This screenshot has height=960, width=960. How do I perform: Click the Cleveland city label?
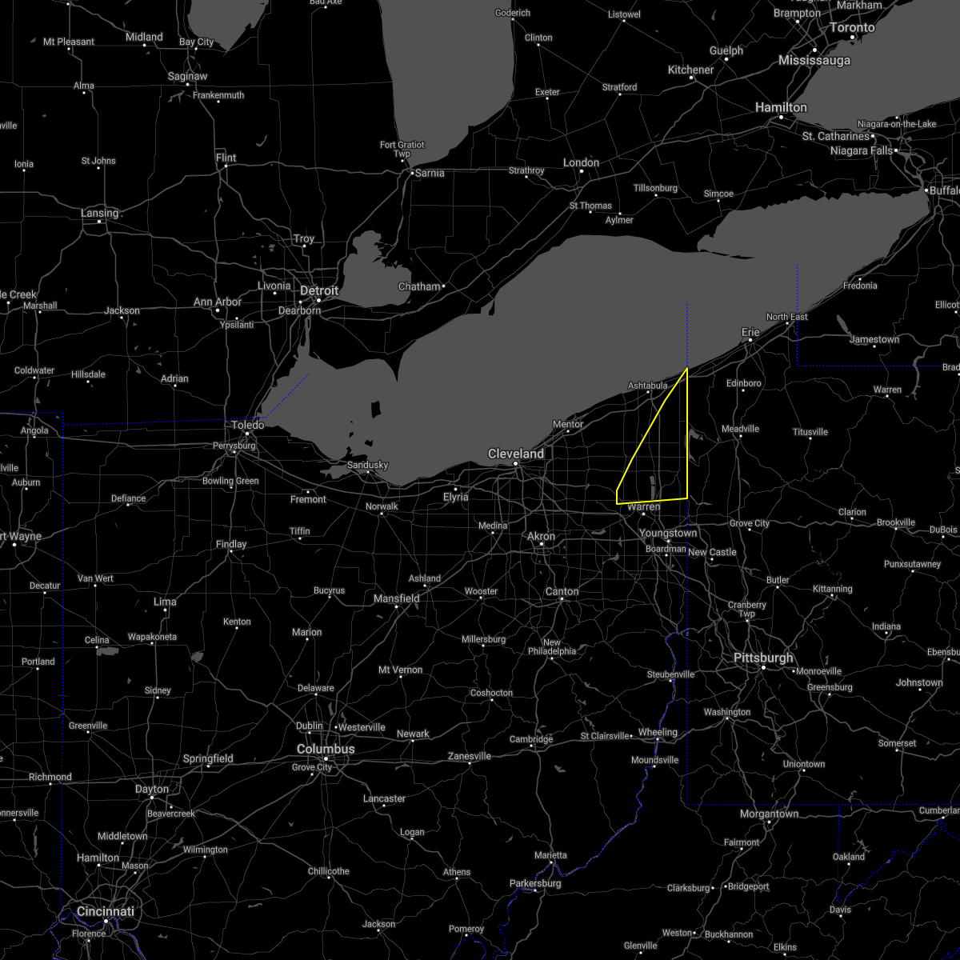(x=516, y=454)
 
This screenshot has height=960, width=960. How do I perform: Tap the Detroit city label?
(x=319, y=290)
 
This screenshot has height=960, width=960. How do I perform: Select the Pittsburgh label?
(x=763, y=658)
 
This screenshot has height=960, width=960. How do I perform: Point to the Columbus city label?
(x=326, y=749)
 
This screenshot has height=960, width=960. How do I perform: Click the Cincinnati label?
(x=105, y=911)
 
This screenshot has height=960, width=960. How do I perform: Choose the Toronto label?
(x=852, y=27)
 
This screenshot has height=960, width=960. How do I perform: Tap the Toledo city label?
(x=248, y=425)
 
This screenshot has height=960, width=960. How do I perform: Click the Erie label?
(x=750, y=332)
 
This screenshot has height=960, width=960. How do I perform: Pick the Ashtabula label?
(x=647, y=386)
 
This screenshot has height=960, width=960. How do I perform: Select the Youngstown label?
(x=668, y=533)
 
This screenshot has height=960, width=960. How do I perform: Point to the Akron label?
(x=542, y=536)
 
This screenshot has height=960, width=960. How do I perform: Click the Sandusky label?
(x=367, y=465)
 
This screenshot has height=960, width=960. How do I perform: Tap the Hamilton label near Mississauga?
(x=782, y=107)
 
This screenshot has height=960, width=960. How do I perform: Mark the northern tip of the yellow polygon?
(x=687, y=368)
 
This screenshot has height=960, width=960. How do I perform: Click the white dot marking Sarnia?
(x=411, y=173)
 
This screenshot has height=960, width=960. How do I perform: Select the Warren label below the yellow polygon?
(x=644, y=507)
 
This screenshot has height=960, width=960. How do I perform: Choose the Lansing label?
(x=99, y=213)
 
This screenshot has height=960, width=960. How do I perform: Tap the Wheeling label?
(x=658, y=732)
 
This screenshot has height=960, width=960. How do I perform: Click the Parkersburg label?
(x=535, y=883)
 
